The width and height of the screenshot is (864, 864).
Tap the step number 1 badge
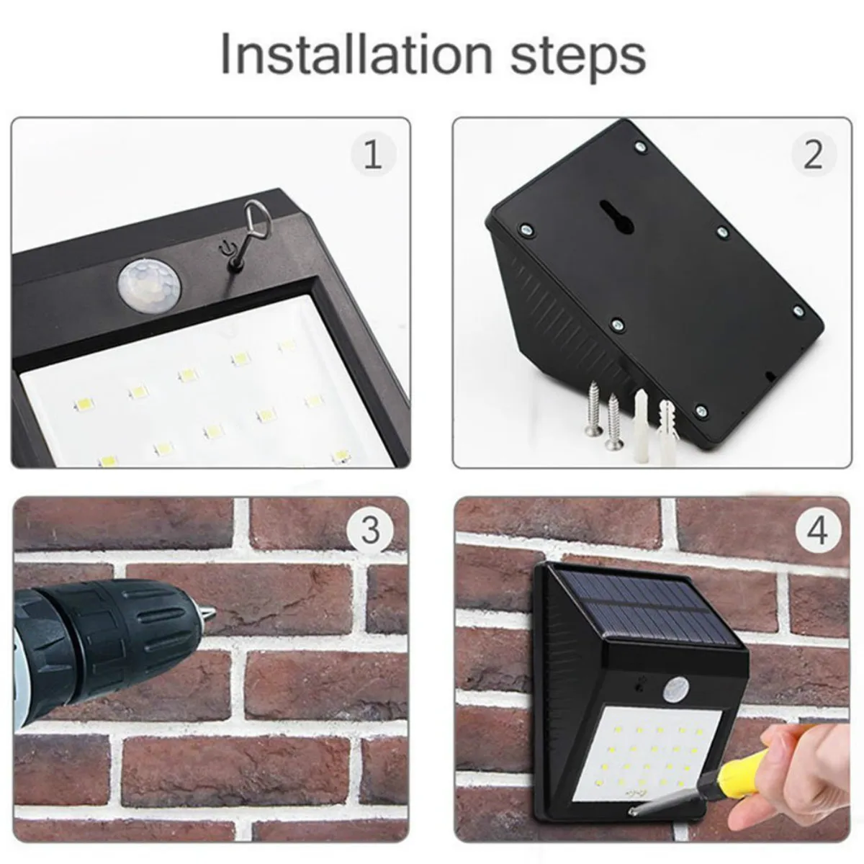click(x=373, y=155)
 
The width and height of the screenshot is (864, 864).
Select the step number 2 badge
click(x=814, y=155)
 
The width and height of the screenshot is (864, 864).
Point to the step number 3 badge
click(x=370, y=531)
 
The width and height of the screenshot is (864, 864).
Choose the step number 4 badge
click(x=817, y=531)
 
